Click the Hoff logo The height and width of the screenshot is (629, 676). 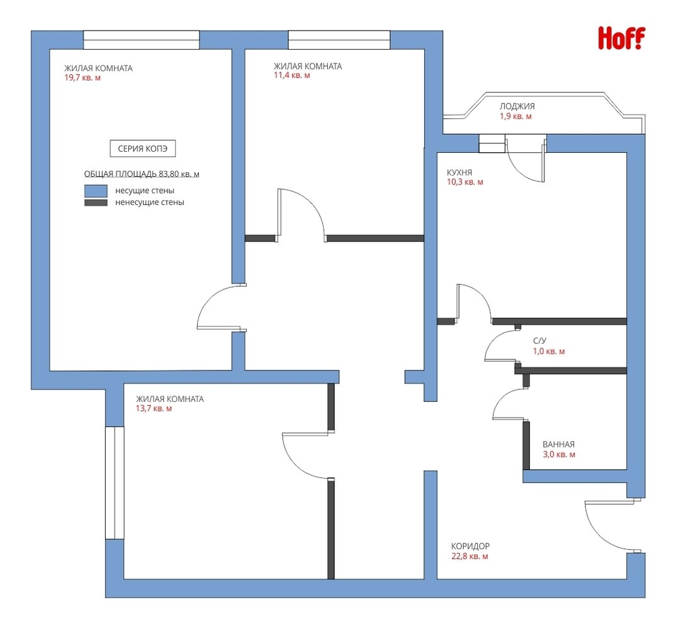coord(622,38)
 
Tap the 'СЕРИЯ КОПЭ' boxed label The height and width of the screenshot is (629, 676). coord(143,148)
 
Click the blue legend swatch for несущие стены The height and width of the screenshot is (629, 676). coord(96,191)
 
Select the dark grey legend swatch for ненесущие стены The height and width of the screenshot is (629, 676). coord(96,203)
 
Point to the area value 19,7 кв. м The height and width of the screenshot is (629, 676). coord(82,78)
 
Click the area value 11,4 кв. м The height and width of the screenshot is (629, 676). coord(292,75)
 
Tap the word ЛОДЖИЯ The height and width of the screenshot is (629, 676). coord(517,106)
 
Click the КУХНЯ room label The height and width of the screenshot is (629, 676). coord(459,172)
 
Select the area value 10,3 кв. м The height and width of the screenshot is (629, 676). coord(465,182)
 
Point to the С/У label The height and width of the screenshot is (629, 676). coord(539,341)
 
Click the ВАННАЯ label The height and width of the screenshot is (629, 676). coord(558,444)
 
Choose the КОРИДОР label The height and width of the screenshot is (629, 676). coord(470,546)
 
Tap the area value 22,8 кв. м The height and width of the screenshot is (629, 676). coord(470,556)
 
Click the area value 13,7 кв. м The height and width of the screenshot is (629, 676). coord(154,408)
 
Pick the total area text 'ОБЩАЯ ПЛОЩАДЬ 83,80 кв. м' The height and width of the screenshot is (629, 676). coord(142,174)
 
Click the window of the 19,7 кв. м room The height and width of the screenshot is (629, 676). coord(142,40)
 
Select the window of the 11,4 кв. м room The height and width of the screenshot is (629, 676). coord(339,40)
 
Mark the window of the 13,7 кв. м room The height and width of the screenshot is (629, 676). coord(115,482)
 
